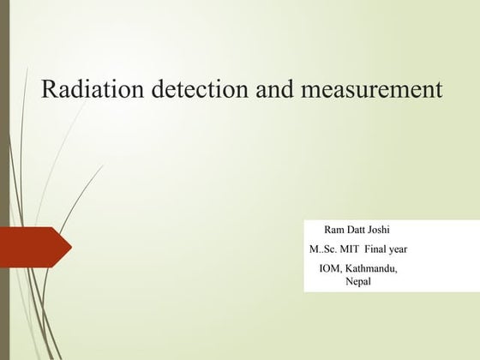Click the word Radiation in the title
tap(88, 90)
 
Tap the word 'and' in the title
tap(271, 90)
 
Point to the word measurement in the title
tap(369, 90)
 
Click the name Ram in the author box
tap(334, 230)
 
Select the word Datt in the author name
tap(359, 230)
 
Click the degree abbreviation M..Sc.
tap(323, 249)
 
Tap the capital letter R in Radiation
tap(49, 90)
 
